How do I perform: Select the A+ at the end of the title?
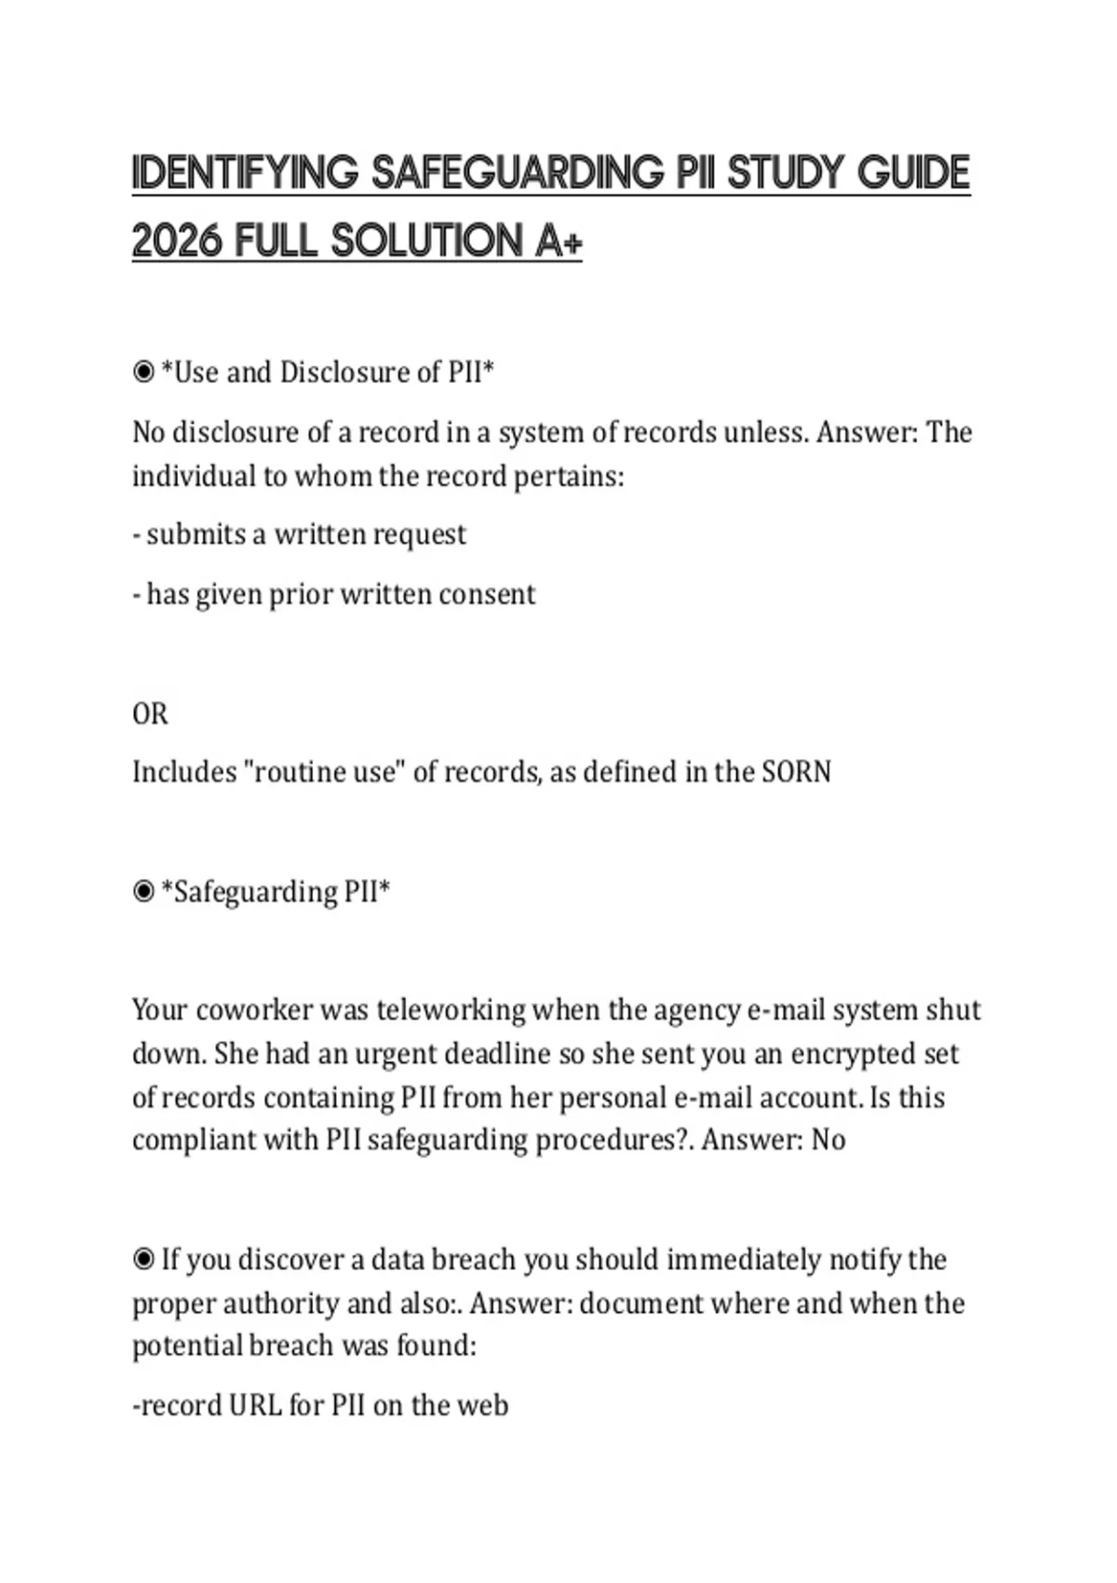coord(558,241)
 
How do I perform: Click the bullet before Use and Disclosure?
coord(143,373)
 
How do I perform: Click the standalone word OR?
coord(150,714)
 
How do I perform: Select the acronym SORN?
coord(796,772)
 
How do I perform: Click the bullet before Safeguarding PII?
coord(143,892)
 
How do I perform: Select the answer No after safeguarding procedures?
coord(828,1140)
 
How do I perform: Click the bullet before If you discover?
coord(143,1260)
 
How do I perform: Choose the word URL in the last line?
coord(255,1405)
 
